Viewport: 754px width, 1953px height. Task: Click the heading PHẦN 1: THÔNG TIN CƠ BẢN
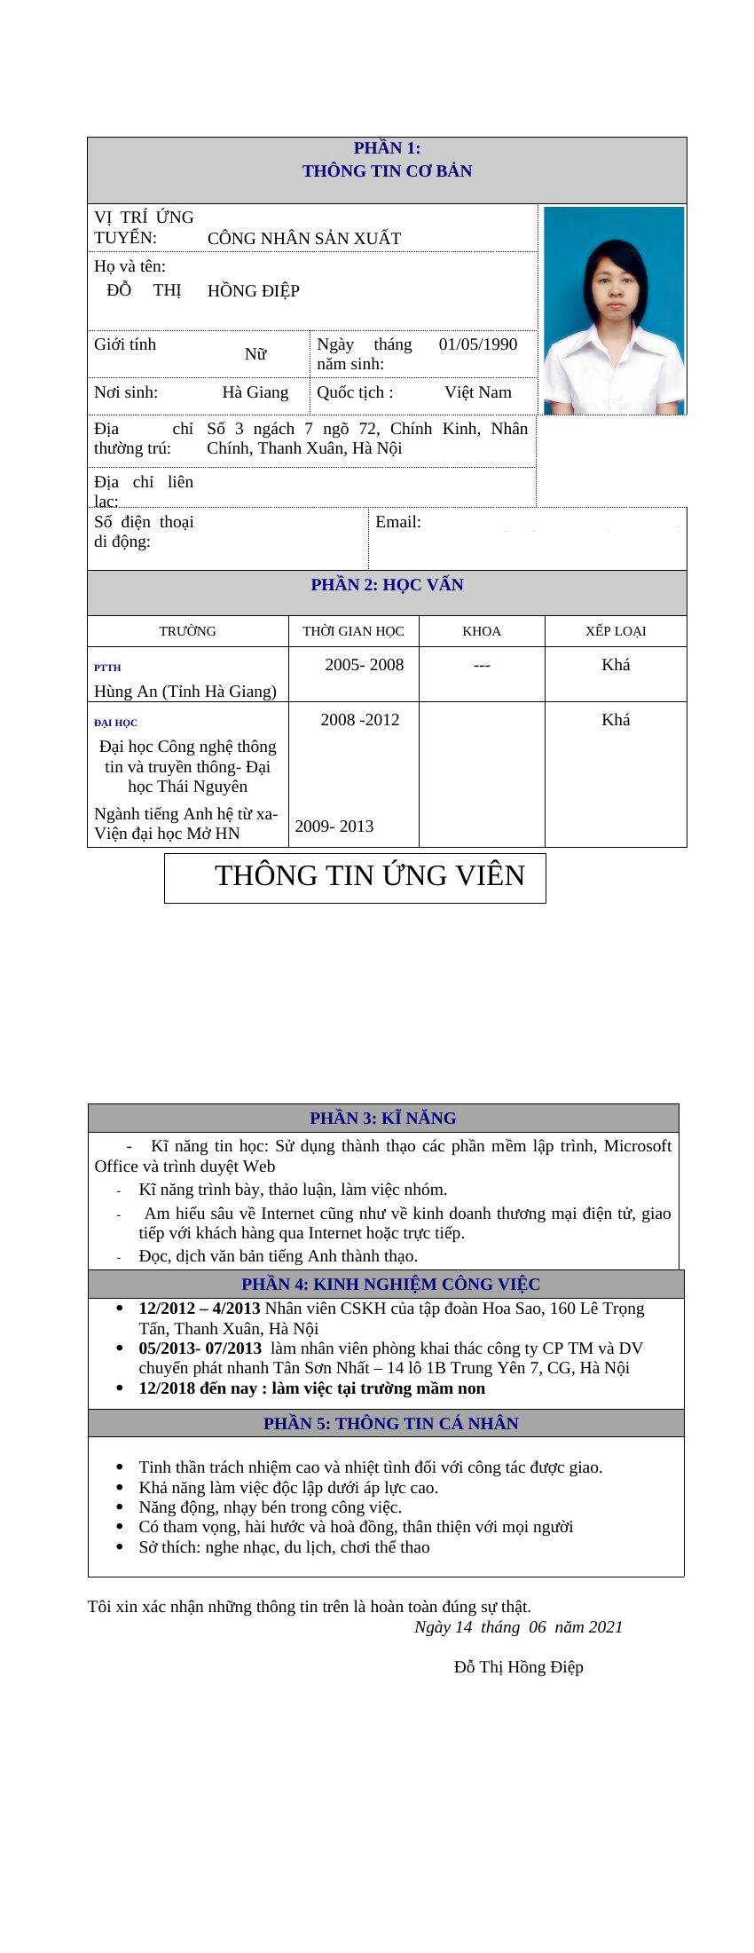coord(387,160)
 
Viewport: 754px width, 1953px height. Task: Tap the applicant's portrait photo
coord(614,311)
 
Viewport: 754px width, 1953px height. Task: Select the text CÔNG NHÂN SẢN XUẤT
coord(303,239)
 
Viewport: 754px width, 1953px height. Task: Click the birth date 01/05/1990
coord(477,344)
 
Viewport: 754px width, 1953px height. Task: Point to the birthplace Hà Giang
coord(255,392)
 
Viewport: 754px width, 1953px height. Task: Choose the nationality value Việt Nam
coord(477,392)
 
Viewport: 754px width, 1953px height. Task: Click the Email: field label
coord(398,522)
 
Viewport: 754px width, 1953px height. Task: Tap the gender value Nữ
coord(255,354)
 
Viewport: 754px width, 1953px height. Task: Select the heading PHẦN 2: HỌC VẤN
coord(387,585)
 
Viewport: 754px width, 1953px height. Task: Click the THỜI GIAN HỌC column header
coord(353,631)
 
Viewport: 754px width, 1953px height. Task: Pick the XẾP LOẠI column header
coord(616,631)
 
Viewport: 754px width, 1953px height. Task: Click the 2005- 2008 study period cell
coord(364,665)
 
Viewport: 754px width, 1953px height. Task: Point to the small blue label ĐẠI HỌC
coord(115,723)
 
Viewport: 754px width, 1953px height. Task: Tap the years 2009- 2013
coord(334,826)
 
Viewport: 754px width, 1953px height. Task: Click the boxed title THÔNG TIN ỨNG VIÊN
coord(369,876)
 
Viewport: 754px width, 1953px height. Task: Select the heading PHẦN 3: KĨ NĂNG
coord(383,1119)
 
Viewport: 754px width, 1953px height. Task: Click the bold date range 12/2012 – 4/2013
coord(200,1309)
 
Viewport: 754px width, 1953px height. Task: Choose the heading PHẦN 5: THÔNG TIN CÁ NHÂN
coord(391,1424)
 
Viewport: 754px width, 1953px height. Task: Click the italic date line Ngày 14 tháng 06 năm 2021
coord(518,1627)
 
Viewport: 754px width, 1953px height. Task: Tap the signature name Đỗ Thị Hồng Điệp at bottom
coord(518,1667)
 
